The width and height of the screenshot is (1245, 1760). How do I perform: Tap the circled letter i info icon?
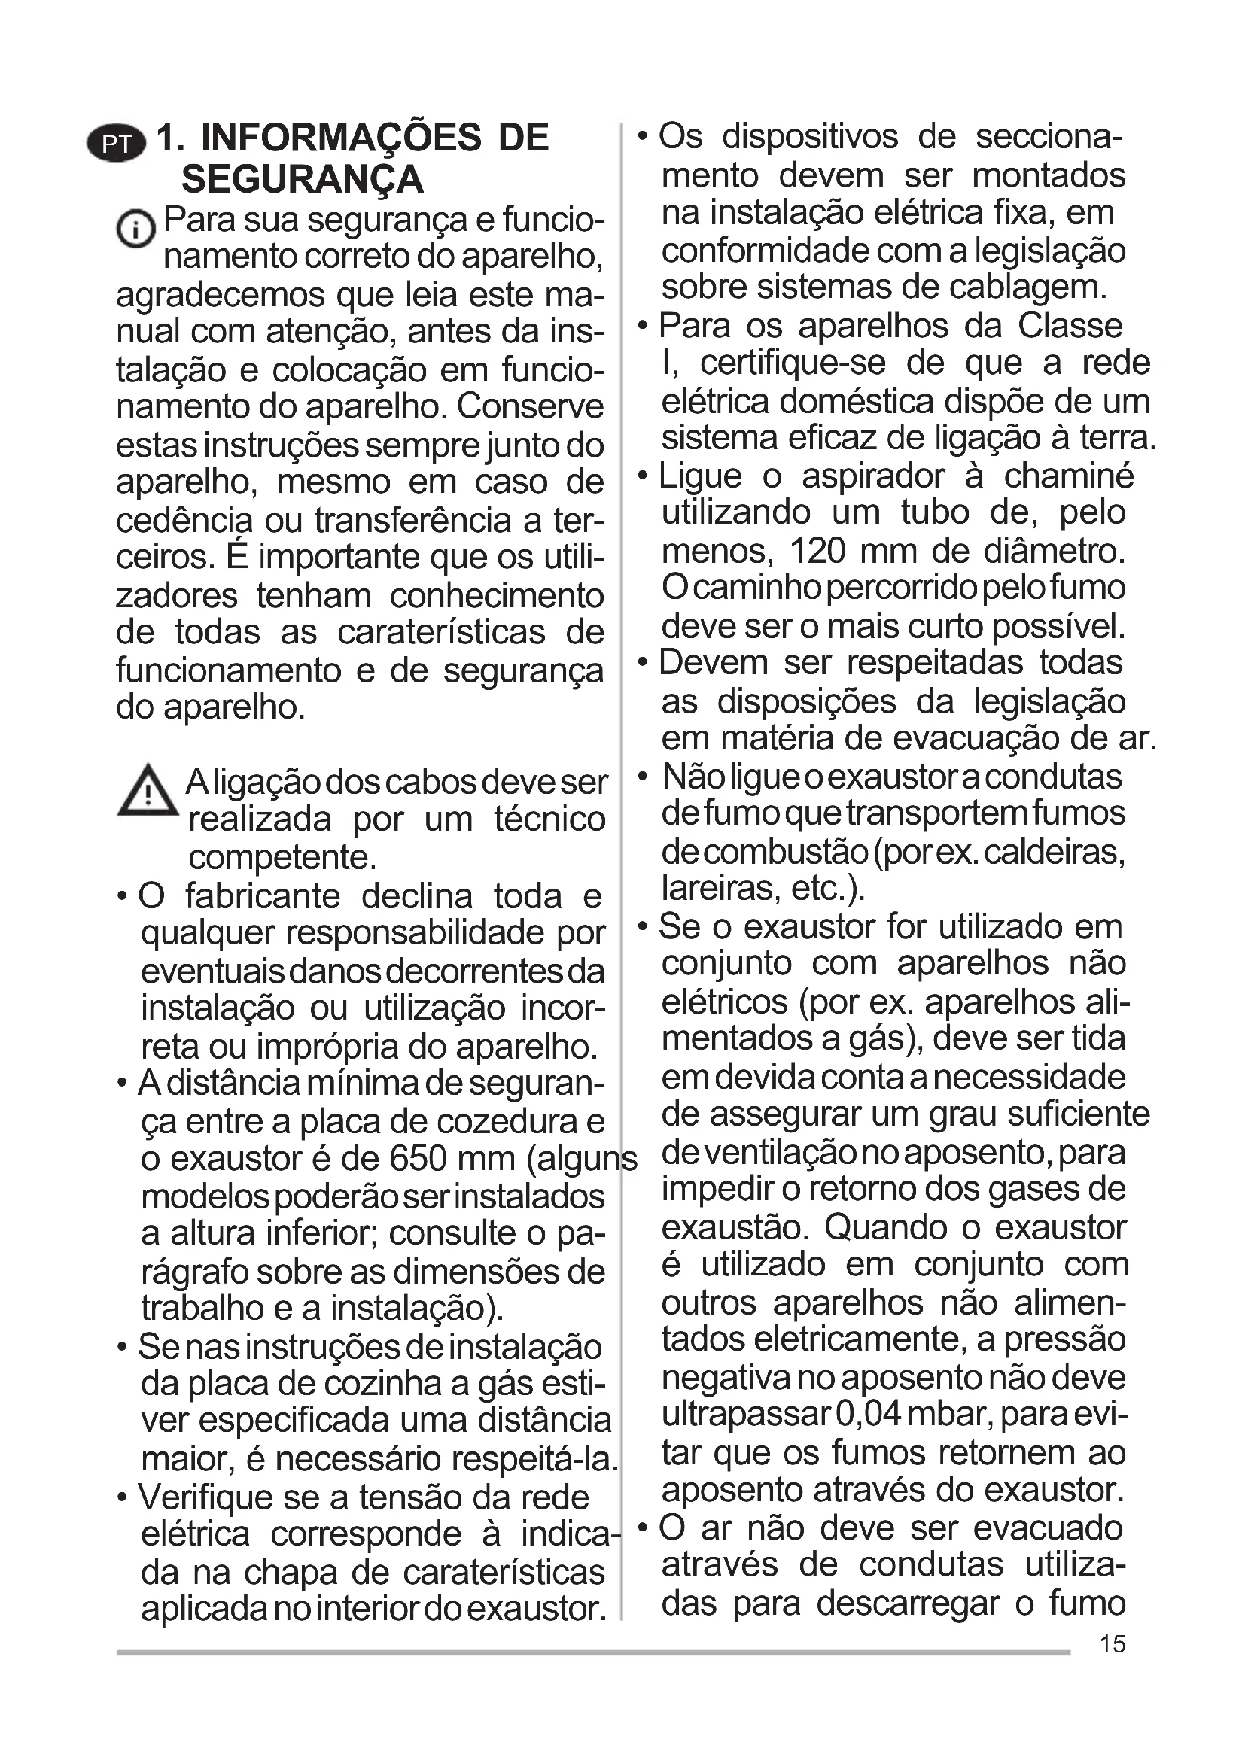click(x=135, y=229)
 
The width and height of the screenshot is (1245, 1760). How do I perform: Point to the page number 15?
click(x=1113, y=1644)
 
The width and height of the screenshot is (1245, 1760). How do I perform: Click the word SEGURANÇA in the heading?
click(x=302, y=180)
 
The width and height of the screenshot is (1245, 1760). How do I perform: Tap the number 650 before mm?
click(x=419, y=1158)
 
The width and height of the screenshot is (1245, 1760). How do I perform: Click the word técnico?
click(x=549, y=819)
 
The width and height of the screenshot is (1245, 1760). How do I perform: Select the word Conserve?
click(x=531, y=406)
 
